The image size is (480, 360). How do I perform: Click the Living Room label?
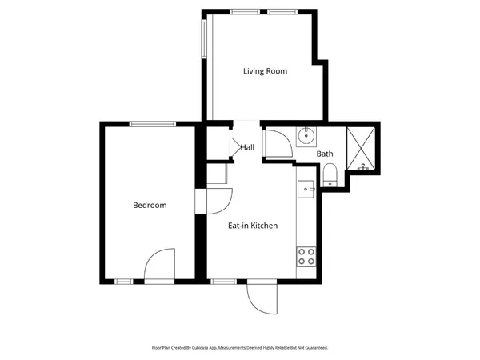265,71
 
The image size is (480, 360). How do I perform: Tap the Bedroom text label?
150,206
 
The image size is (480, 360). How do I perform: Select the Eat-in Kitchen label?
253,226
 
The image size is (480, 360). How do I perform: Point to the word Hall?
247,147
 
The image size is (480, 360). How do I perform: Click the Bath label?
324,154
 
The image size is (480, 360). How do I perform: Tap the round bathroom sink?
305,136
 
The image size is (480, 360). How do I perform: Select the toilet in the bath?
330,174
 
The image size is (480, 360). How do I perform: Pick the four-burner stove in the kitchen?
306,256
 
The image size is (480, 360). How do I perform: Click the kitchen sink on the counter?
306,190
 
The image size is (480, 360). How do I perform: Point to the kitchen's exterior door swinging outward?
262,298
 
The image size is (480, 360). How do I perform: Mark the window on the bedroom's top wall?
152,123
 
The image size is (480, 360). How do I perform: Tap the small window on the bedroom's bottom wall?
124,281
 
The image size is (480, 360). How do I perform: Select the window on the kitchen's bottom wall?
223,281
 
